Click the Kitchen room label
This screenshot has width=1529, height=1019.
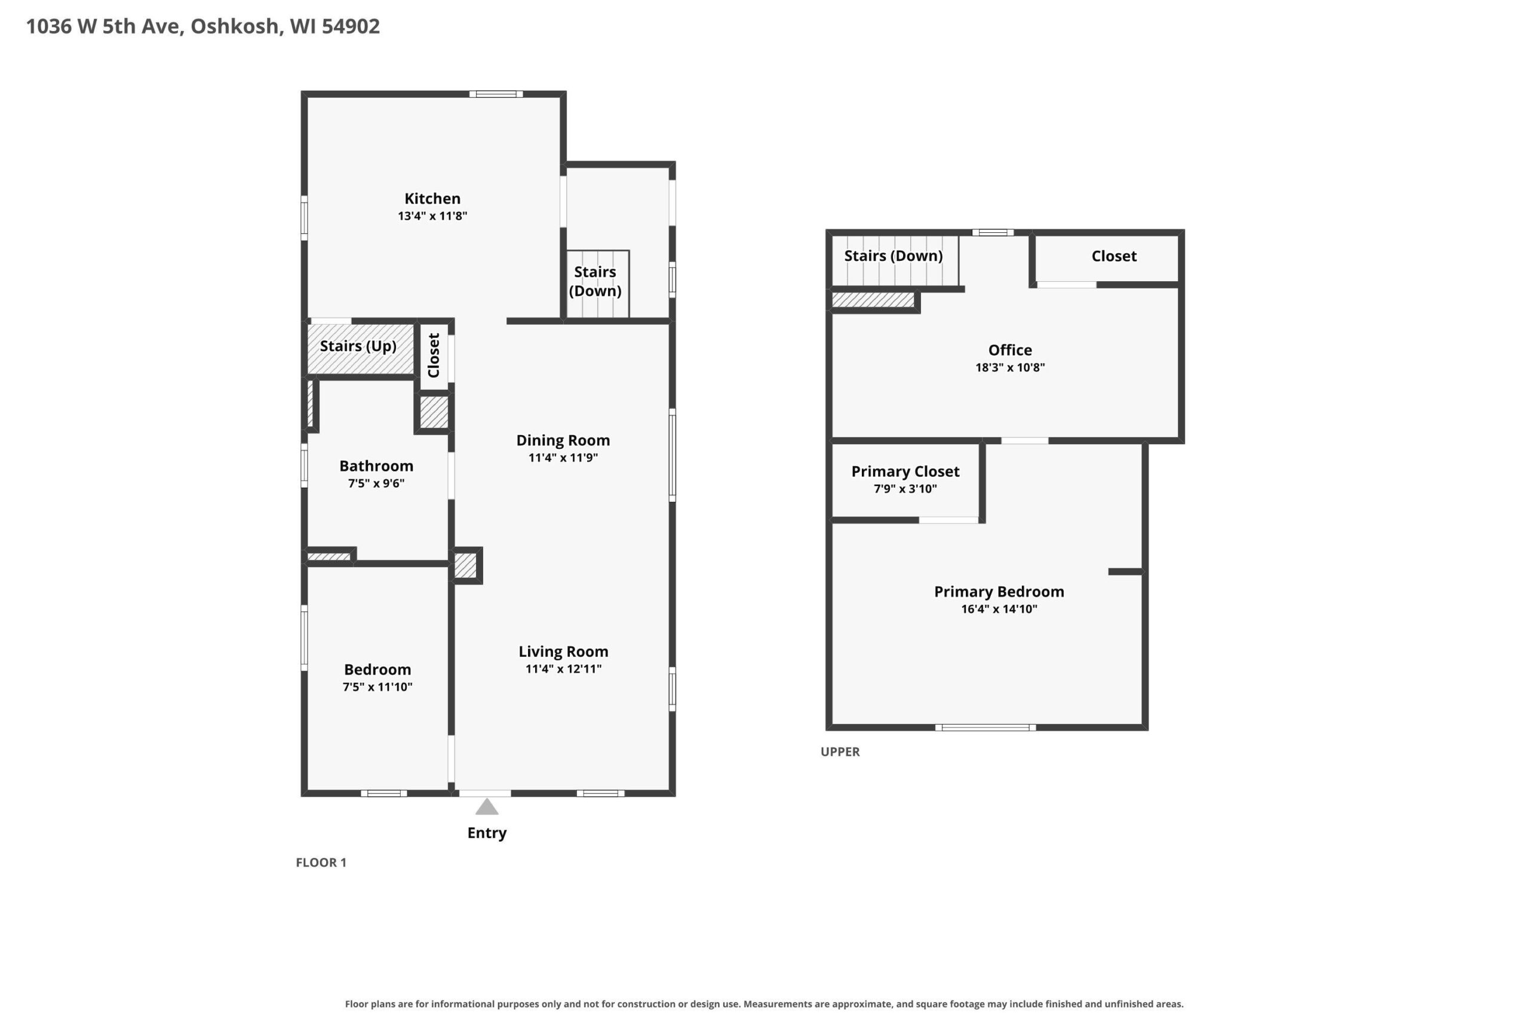432,199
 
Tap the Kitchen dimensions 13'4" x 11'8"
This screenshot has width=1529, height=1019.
432,216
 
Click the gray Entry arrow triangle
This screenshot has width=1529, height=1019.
487,806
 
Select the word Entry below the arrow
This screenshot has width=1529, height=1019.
487,833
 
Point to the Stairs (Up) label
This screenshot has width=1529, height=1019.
358,346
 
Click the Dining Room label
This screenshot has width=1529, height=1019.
563,441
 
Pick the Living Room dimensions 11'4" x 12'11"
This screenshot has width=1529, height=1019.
564,669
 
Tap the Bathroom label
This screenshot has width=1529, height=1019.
376,466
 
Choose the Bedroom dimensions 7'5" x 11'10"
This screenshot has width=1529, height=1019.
377,687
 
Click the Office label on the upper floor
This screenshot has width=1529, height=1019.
1010,350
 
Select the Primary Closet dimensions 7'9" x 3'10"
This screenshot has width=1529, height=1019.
905,489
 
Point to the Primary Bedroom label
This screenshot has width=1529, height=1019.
999,592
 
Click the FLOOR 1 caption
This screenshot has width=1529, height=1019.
321,863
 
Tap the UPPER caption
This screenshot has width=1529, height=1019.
840,752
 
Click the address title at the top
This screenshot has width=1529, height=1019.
203,27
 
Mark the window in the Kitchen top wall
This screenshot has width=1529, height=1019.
496,94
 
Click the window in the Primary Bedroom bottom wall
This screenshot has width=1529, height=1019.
985,728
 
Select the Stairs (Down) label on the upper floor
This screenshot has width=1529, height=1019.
894,256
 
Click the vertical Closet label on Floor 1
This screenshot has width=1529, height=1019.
434,355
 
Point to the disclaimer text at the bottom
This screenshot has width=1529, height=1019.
764,1004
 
